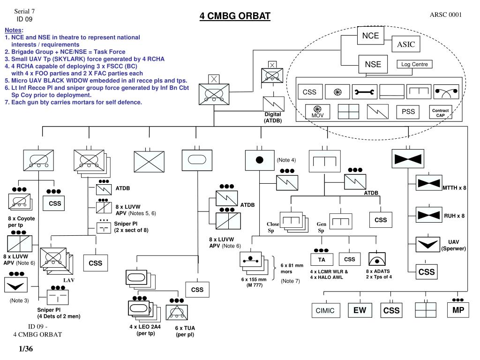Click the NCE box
click(x=370, y=36)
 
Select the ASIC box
click(x=406, y=45)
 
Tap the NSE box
click(x=373, y=64)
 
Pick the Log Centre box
click(x=414, y=64)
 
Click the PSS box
click(x=408, y=112)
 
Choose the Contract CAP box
click(x=440, y=112)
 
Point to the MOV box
click(x=317, y=112)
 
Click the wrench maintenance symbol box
click(x=364, y=92)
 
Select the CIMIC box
click(x=325, y=310)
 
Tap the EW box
click(x=360, y=310)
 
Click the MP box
click(x=458, y=310)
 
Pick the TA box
click(x=322, y=260)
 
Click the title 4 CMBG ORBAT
click(x=235, y=16)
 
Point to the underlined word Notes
click(x=13, y=30)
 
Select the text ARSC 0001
click(x=446, y=15)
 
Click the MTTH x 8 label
click(x=454, y=187)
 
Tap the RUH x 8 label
click(x=454, y=216)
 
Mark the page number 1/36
click(x=26, y=349)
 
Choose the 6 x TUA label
click(x=185, y=328)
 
